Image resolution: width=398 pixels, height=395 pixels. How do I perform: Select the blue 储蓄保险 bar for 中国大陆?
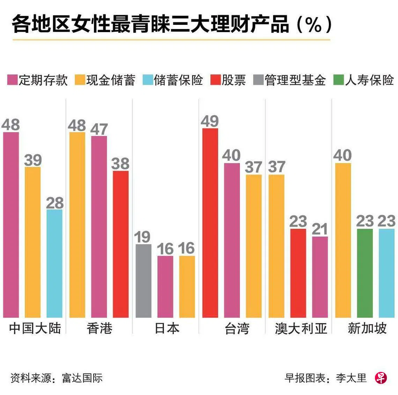(54, 263)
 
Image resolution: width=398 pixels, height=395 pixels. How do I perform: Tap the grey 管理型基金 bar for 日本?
(143, 281)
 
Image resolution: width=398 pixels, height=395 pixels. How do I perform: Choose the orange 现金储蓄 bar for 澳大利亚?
(277, 246)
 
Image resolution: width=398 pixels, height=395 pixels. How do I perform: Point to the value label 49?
(210, 121)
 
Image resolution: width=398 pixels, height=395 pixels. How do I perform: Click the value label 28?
(55, 203)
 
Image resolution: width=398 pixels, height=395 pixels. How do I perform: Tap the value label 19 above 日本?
(142, 237)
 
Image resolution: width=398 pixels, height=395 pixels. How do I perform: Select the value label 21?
(320, 229)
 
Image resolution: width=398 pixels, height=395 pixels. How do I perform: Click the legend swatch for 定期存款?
(13, 80)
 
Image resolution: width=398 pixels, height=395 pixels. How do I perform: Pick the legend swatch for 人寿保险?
(339, 80)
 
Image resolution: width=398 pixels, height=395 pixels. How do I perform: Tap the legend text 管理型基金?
(295, 80)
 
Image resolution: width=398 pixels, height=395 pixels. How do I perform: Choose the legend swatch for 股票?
(216, 80)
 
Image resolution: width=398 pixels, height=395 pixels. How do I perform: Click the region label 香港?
(99, 328)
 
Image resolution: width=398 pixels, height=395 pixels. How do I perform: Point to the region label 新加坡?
(367, 328)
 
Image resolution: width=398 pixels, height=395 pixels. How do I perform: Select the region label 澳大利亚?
(301, 328)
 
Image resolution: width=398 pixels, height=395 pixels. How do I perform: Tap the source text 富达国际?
(82, 378)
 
